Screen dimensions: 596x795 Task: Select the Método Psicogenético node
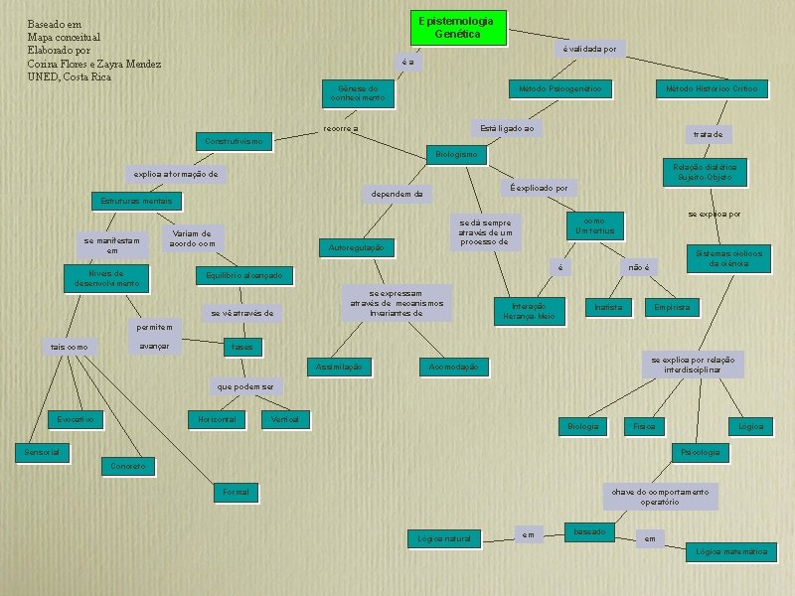(560, 89)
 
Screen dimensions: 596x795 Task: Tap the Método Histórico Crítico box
(711, 89)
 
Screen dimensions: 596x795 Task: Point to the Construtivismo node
(235, 142)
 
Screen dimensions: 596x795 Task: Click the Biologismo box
(456, 154)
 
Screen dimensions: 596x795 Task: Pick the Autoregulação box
(355, 246)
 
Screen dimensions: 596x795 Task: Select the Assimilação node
(338, 368)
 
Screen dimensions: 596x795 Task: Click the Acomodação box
(453, 369)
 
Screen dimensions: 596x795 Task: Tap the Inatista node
(607, 308)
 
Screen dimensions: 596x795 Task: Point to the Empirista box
(672, 308)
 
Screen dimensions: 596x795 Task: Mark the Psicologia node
(699, 452)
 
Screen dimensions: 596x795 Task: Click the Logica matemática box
(731, 551)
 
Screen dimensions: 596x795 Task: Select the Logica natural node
(443, 538)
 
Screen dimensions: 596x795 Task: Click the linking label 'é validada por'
(589, 48)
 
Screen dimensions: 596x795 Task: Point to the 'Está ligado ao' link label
(507, 129)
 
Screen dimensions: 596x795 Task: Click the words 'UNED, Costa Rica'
(70, 77)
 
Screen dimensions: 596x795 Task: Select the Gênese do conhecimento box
(359, 93)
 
